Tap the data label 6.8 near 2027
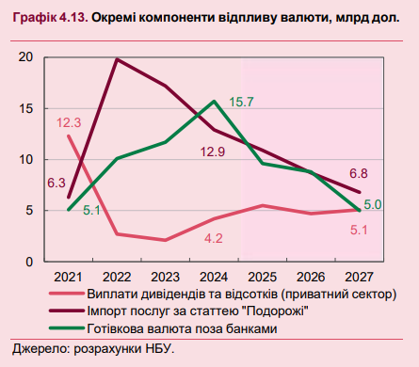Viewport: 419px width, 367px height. [x=358, y=174]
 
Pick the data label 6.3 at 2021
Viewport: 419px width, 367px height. [x=56, y=183]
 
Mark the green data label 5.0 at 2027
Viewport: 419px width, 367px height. [x=372, y=204]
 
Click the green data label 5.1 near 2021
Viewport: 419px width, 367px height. [x=90, y=211]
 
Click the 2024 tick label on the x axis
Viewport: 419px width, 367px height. [x=215, y=277]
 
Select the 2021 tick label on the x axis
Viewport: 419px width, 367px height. [x=69, y=277]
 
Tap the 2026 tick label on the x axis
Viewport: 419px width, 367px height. [x=312, y=277]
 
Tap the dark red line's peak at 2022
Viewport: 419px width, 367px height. [x=117, y=59]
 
